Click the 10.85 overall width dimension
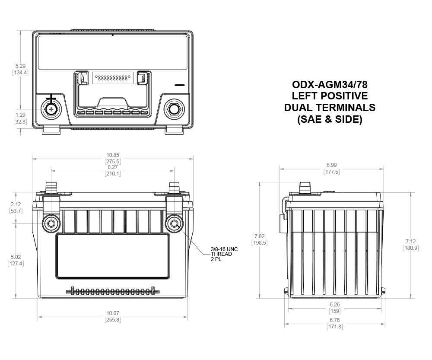(113, 158)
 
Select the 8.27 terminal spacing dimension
(113, 170)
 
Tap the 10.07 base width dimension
(113, 316)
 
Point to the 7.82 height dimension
(259, 239)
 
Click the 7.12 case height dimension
(410, 245)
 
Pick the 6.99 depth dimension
(331, 169)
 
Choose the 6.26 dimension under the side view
(335, 308)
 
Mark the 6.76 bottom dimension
(335, 323)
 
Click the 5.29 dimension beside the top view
(20, 69)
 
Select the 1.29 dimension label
(20, 118)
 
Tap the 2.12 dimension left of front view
(16, 207)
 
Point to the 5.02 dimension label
(16, 260)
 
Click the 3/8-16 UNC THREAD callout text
(224, 252)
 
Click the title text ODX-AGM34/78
(330, 84)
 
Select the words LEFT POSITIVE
(330, 96)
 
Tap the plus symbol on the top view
(51, 99)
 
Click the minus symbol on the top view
(180, 85)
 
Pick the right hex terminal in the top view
(174, 109)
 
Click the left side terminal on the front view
(51, 223)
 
